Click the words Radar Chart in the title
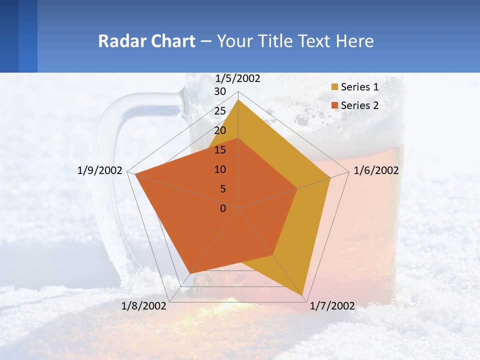pyautogui.click(x=146, y=41)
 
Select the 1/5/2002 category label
pyautogui.click(x=238, y=78)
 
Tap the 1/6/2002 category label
pyautogui.click(x=376, y=170)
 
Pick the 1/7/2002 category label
pyautogui.click(x=332, y=306)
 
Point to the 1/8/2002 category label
pyautogui.click(x=144, y=306)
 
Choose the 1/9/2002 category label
pyautogui.click(x=100, y=170)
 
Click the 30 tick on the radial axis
pyautogui.click(x=220, y=91)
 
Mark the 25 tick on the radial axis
pyautogui.click(x=220, y=111)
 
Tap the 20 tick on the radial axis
pyautogui.click(x=220, y=130)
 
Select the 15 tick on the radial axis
pyautogui.click(x=220, y=150)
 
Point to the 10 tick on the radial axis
pyautogui.click(x=220, y=169)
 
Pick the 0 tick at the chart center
pyautogui.click(x=223, y=208)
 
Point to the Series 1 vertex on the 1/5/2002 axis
pyautogui.click(x=238, y=99)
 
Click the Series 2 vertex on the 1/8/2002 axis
pyautogui.click(x=189, y=273)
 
